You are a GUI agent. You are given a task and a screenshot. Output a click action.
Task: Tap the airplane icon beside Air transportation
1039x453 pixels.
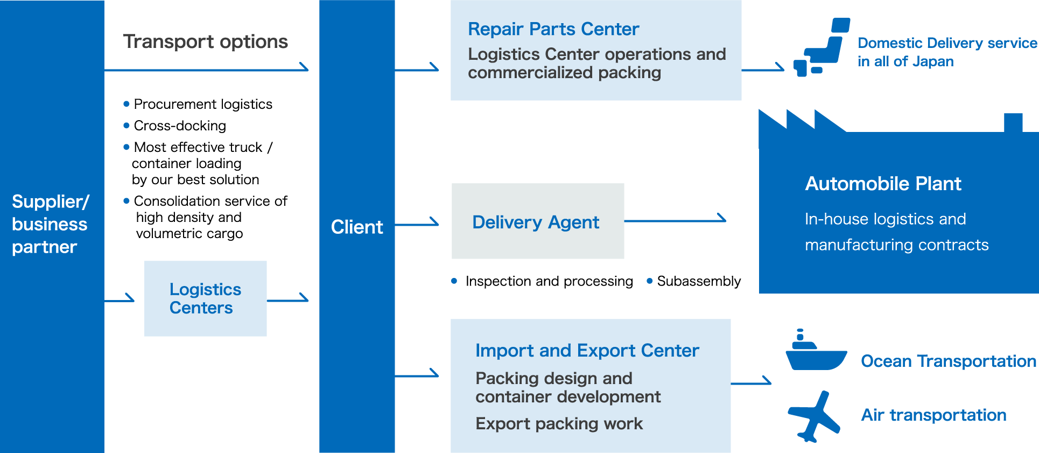814,416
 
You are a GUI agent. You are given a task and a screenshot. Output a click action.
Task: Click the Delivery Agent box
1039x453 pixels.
538,221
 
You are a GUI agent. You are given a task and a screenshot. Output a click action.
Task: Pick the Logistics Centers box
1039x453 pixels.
205,298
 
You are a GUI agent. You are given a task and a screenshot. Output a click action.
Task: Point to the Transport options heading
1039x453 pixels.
206,41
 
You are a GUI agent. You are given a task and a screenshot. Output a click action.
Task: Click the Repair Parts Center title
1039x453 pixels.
553,29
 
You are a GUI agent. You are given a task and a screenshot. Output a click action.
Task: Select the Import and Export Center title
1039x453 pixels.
587,351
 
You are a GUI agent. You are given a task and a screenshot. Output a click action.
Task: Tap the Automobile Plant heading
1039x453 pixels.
883,184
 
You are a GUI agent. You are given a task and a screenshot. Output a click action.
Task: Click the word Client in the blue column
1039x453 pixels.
357,227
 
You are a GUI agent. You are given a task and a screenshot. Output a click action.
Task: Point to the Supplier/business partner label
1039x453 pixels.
50,224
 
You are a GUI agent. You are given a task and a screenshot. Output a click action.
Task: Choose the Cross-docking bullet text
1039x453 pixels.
180,126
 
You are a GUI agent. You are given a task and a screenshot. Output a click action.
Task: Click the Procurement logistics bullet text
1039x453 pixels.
203,104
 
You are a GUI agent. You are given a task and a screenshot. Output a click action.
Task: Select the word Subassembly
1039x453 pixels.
699,281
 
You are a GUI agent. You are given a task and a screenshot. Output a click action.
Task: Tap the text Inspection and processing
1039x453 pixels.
549,281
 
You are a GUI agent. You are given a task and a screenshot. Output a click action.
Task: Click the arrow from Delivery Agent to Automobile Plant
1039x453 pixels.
675,220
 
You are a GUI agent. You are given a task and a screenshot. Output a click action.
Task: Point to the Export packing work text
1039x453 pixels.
559,424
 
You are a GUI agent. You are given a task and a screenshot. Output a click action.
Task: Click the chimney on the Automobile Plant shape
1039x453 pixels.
1013,123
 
